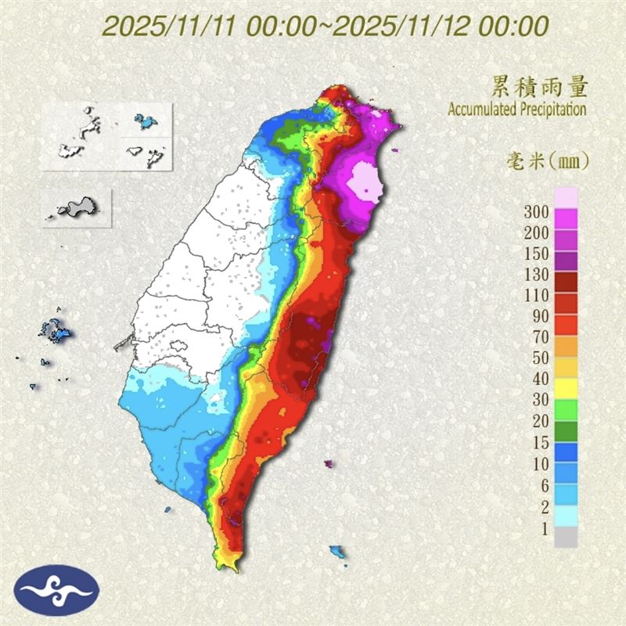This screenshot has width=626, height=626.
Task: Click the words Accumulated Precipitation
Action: click(x=517, y=109)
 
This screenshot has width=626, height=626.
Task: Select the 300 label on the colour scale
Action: click(x=537, y=210)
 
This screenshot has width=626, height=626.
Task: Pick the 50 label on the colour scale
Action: click(x=540, y=358)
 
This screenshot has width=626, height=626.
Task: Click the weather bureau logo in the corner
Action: click(x=56, y=590)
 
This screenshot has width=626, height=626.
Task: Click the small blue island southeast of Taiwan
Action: click(x=338, y=552)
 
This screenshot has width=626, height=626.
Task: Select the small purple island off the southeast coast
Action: click(x=328, y=464)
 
